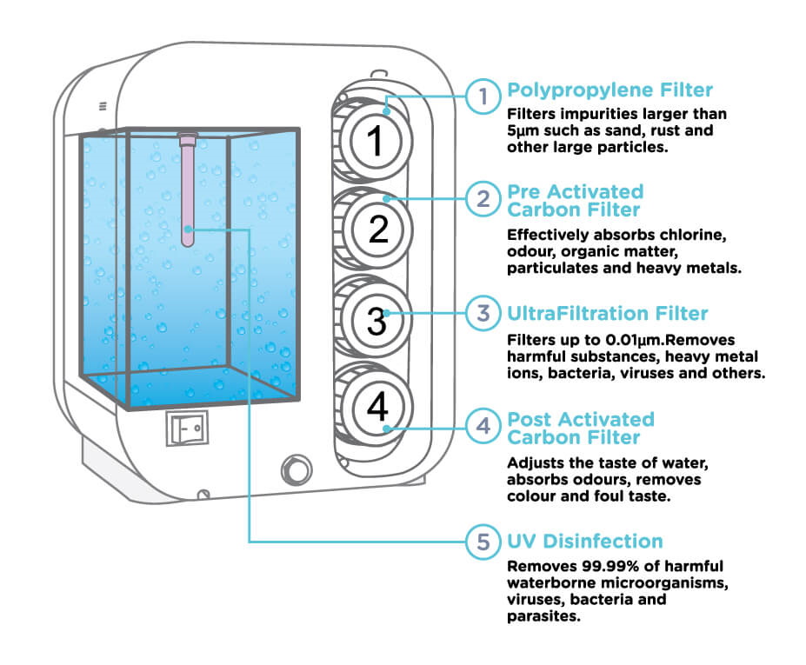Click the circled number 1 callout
coord(483,96)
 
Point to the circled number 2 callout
coord(483,199)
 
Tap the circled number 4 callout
coord(483,426)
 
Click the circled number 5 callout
coord(483,542)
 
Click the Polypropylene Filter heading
coord(609,90)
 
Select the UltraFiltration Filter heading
coord(607,313)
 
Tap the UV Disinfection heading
coord(584,542)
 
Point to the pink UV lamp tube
coord(188,188)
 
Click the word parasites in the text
coord(543,616)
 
